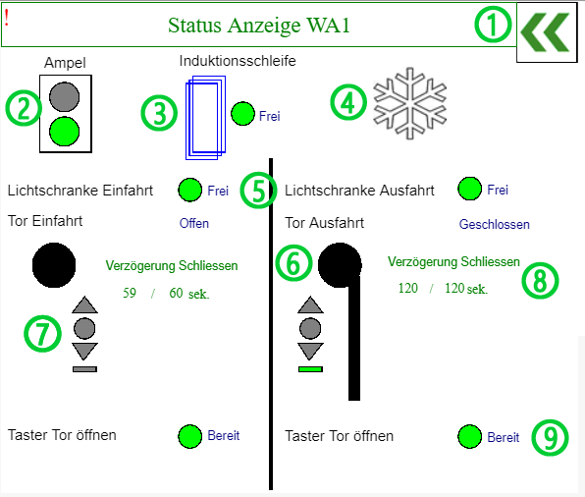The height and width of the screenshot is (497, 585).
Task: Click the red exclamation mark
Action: coord(7,18)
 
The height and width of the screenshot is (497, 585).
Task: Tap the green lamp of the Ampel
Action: coord(65,131)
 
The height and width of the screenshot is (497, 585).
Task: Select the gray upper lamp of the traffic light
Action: coord(65,96)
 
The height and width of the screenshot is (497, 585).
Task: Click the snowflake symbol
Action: coord(410,103)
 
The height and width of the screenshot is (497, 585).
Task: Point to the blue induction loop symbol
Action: coord(205,118)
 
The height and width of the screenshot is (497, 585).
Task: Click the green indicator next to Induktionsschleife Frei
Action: coord(242,114)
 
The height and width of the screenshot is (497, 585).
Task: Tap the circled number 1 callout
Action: coord(493,25)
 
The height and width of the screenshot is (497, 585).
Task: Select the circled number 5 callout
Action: coord(258,191)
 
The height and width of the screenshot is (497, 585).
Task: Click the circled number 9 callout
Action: coord(550,438)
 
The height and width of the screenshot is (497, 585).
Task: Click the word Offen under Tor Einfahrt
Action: coord(194,223)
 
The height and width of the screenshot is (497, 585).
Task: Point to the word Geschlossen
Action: coord(495,224)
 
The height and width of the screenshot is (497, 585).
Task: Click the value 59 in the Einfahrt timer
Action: coord(130,293)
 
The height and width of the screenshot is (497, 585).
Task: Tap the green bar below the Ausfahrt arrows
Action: coord(310,369)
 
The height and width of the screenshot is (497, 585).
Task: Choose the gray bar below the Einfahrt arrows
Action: coord(84,369)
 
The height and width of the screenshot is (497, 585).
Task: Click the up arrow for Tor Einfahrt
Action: coord(84,304)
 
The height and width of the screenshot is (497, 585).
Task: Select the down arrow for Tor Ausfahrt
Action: coord(310,352)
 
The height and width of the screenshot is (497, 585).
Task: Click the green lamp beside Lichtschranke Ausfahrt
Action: coord(470,189)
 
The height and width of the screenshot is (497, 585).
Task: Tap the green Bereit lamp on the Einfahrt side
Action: coord(190,436)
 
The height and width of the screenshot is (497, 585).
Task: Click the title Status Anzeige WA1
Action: coord(259,26)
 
